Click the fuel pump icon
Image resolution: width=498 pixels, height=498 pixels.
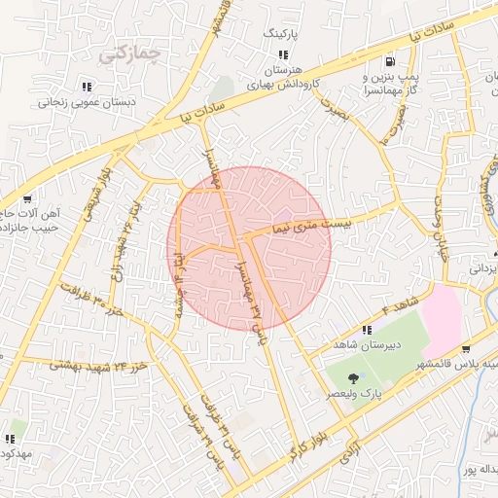click(x=391, y=59)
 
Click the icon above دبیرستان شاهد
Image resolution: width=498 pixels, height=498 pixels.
click(x=367, y=330)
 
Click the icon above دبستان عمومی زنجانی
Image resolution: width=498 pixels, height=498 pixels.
click(x=88, y=84)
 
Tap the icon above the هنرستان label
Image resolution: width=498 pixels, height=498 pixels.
click(x=283, y=54)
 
